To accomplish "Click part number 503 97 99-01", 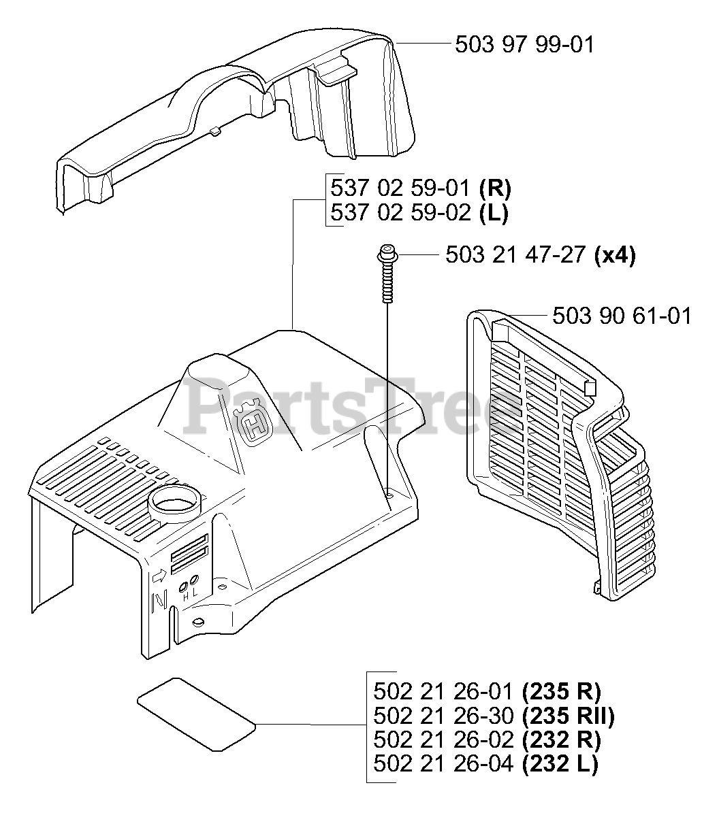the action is point(524,45).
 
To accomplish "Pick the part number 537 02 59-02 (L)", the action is point(418,213).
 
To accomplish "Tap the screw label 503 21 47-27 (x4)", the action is point(539,255).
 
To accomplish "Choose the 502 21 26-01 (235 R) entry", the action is point(487,692).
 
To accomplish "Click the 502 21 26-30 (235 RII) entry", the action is point(494,716).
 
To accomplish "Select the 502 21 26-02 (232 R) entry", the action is point(487,740).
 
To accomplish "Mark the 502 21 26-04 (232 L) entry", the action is point(485,763).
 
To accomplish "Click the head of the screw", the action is point(385,254).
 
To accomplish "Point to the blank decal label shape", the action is point(195,712).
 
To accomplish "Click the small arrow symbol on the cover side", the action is point(159,576).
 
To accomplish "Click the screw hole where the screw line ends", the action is point(388,495).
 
